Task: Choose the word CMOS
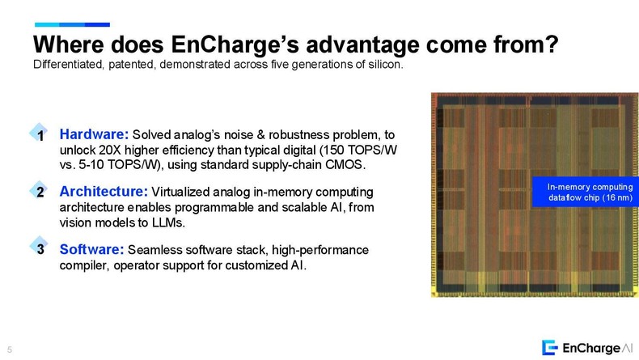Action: coord(344,166)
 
